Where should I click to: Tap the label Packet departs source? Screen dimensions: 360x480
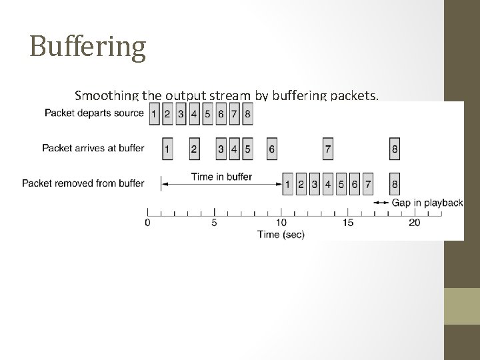[x=94, y=113]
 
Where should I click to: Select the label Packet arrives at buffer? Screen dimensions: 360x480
[x=93, y=148]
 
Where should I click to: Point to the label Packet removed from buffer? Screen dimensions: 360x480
[x=83, y=183]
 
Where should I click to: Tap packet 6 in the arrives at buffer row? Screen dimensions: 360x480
[x=271, y=149]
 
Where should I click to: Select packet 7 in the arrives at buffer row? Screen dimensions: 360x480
[x=327, y=149]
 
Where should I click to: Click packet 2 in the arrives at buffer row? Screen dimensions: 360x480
[x=194, y=149]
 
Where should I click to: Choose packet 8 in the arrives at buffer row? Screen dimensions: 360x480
[x=395, y=149]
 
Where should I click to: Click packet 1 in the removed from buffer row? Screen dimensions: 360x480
[x=287, y=183]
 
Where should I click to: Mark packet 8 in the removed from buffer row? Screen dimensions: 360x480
[x=395, y=183]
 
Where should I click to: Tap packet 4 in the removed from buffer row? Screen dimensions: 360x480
[x=327, y=183]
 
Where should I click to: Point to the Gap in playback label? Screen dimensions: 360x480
[x=427, y=202]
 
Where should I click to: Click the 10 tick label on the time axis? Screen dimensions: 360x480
[x=281, y=223]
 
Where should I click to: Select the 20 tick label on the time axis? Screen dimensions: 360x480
[x=414, y=223]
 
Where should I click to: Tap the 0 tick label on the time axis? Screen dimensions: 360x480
[x=147, y=223]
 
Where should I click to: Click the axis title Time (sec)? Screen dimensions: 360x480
[x=281, y=234]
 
